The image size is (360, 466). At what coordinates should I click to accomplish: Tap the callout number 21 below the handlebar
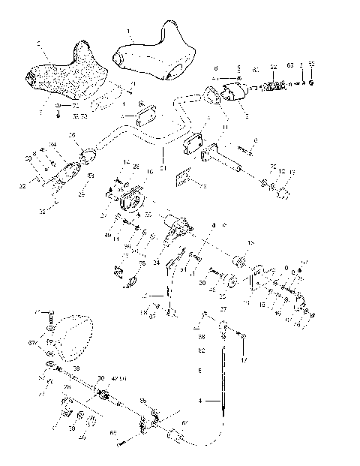click(x=163, y=159)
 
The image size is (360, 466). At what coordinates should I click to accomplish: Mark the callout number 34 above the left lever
click(x=53, y=144)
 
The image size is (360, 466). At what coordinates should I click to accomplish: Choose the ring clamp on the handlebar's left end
click(x=88, y=155)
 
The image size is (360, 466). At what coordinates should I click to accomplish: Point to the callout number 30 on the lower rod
click(x=101, y=378)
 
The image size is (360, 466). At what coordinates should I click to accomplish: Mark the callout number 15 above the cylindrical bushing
click(x=250, y=245)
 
